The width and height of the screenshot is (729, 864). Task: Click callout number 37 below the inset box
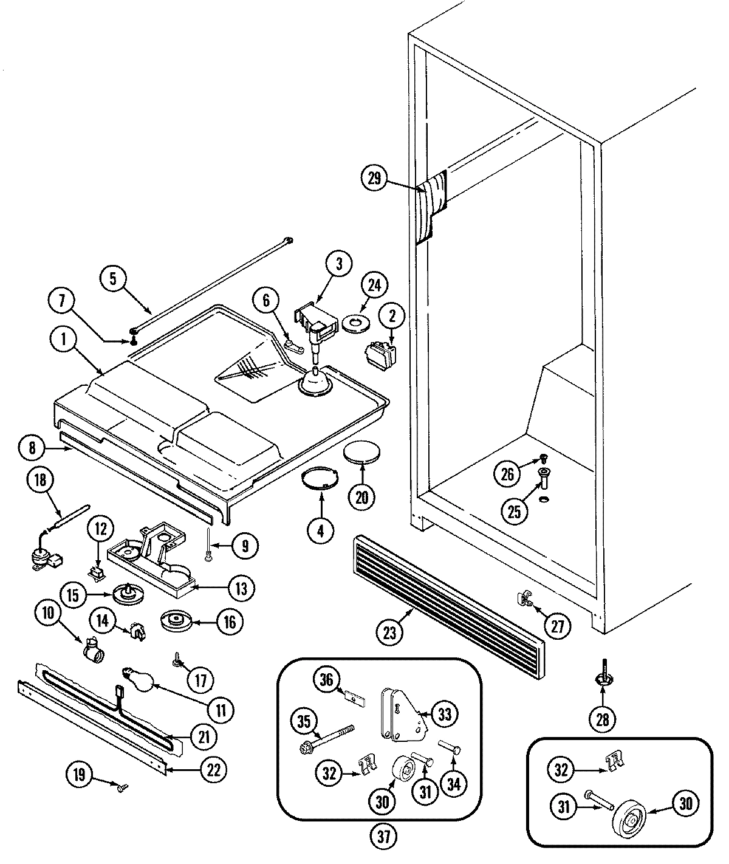[383, 837]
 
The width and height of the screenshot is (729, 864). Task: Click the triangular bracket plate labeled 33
[402, 716]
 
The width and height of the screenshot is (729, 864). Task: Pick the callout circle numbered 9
[244, 545]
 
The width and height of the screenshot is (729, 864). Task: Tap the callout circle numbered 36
[327, 679]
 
